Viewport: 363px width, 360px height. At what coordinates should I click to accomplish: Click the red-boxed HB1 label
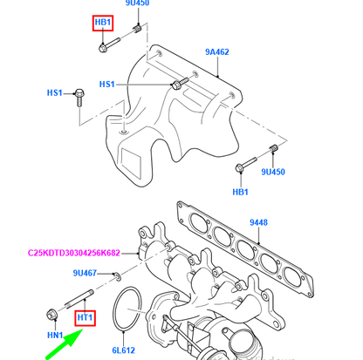(x=104, y=21)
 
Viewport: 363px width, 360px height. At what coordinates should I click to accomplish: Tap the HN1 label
(x=54, y=335)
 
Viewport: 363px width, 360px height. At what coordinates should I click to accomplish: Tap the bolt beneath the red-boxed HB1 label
(x=105, y=41)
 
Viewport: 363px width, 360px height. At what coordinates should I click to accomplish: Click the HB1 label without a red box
(x=240, y=190)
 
